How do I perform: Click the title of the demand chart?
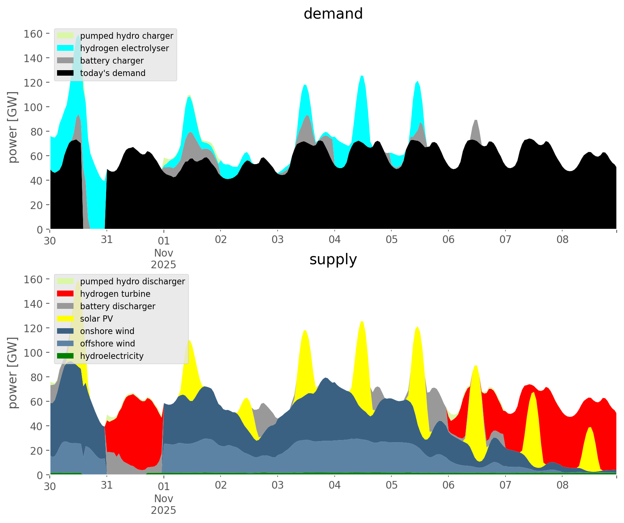click(333, 14)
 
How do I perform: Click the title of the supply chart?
click(333, 259)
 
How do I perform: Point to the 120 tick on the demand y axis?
click(33, 83)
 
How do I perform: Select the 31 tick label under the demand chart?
click(106, 240)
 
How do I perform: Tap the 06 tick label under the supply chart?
click(448, 486)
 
